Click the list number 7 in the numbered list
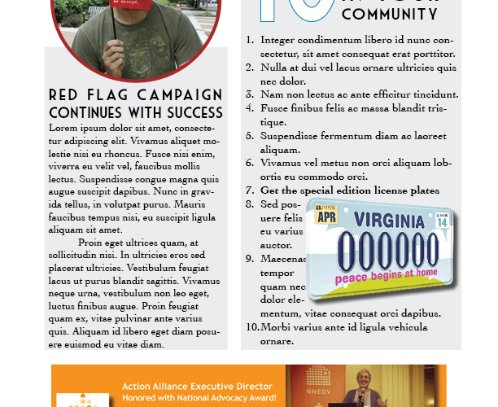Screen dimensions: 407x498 pyautogui.click(x=250, y=190)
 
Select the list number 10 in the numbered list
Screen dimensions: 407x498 pyautogui.click(x=251, y=327)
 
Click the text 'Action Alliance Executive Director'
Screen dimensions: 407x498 pyautogui.click(x=198, y=386)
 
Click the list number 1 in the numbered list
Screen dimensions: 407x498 pyautogui.click(x=250, y=39)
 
